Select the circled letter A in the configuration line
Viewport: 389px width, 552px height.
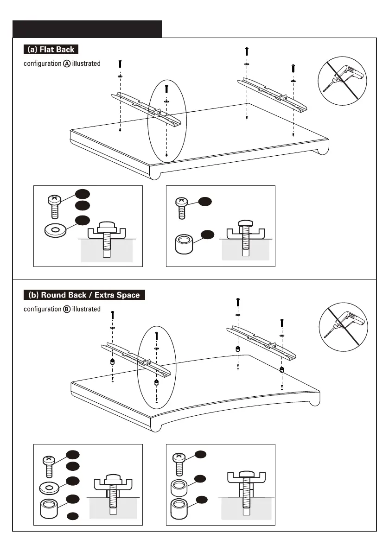click(x=67, y=63)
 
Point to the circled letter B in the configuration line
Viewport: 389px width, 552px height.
click(x=67, y=309)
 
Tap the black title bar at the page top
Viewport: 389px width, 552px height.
click(x=87, y=29)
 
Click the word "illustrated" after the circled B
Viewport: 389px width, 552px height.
click(x=86, y=309)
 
